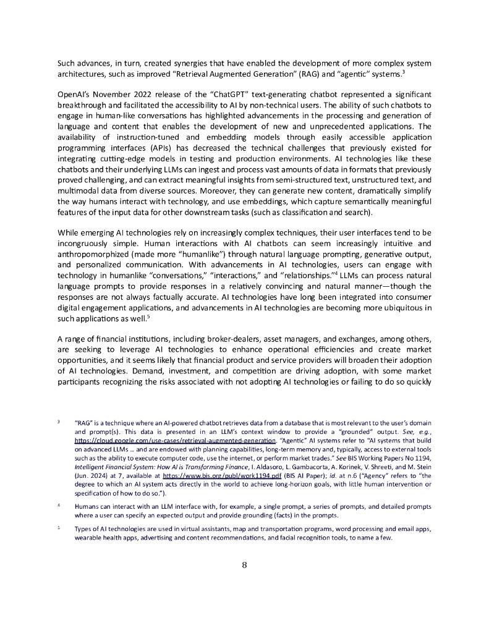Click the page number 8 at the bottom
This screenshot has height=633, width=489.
(244, 564)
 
